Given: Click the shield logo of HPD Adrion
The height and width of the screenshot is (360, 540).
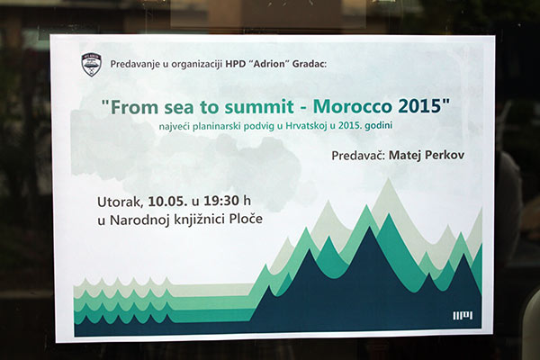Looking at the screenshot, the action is (x=91, y=65).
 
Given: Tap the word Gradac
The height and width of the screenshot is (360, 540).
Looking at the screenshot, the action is (x=309, y=64).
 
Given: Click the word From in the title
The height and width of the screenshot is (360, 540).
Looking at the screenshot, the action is (x=133, y=107).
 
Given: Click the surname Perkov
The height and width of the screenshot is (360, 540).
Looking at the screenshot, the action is (x=445, y=155).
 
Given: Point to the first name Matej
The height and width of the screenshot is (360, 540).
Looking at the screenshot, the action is (x=405, y=156).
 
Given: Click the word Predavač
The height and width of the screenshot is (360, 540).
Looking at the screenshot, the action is (x=358, y=155).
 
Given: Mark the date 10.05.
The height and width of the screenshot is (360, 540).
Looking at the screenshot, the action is (x=168, y=202).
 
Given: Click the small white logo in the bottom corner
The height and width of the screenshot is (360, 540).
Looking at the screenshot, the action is (x=463, y=316).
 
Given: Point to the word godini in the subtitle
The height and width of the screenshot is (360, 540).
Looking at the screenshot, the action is (x=379, y=126).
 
